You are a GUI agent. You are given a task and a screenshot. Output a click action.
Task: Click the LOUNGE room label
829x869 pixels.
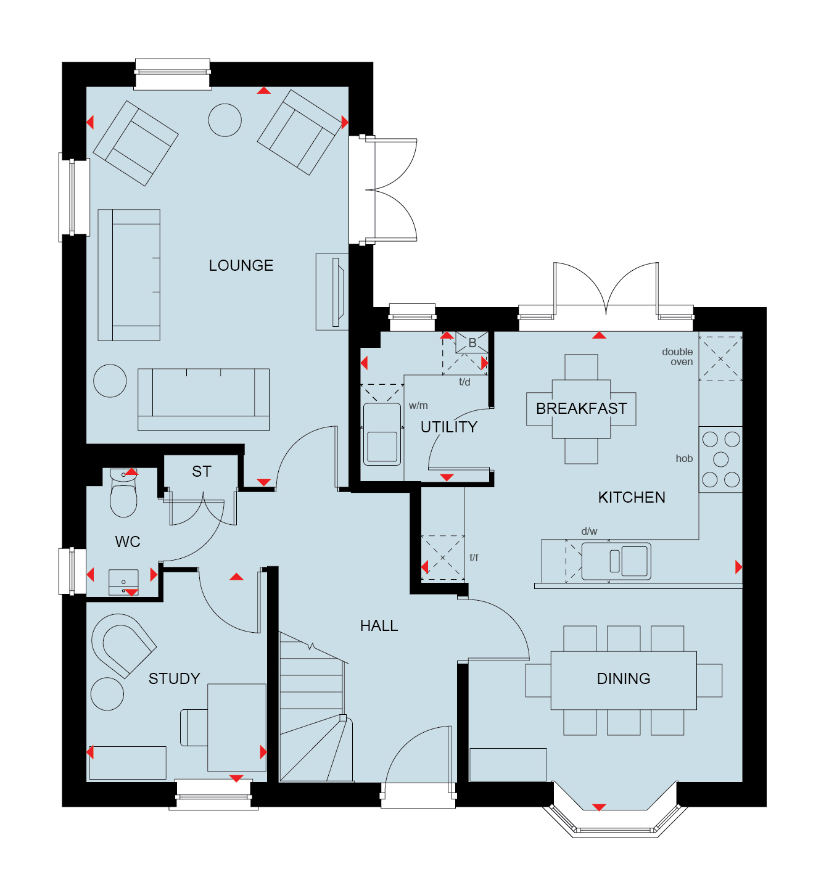[x=241, y=265]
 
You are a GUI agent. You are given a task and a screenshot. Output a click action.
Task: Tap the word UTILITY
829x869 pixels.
[x=449, y=427]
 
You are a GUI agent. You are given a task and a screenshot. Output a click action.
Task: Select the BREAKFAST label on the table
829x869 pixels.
[x=582, y=408]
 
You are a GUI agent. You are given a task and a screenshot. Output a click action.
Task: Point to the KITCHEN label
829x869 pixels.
[x=632, y=497]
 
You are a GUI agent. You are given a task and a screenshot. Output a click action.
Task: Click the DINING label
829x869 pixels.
[x=624, y=678]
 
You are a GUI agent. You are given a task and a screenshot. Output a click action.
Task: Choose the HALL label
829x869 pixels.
[x=379, y=625]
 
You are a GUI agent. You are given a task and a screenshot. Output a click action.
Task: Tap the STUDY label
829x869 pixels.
[x=174, y=678]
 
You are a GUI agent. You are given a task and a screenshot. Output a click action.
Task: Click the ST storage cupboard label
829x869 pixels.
[x=202, y=472]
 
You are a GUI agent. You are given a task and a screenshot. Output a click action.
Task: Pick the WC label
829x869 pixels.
[x=128, y=542]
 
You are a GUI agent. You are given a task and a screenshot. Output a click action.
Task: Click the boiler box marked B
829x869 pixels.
[x=472, y=342]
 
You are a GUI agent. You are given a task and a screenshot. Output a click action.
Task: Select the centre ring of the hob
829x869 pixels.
[x=720, y=459]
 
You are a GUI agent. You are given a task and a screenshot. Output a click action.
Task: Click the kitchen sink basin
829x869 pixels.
[x=635, y=561]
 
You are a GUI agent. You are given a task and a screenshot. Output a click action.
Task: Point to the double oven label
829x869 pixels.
[x=677, y=356]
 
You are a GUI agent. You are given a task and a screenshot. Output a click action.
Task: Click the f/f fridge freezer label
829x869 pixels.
[x=474, y=558]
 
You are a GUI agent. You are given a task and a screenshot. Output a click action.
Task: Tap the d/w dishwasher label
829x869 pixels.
[x=589, y=531]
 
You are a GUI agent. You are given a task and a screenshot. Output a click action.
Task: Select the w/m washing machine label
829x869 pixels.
[x=418, y=405]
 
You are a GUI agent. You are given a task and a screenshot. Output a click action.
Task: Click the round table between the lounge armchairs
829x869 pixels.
[x=225, y=120]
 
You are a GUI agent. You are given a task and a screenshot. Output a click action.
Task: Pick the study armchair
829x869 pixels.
[x=124, y=645]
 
